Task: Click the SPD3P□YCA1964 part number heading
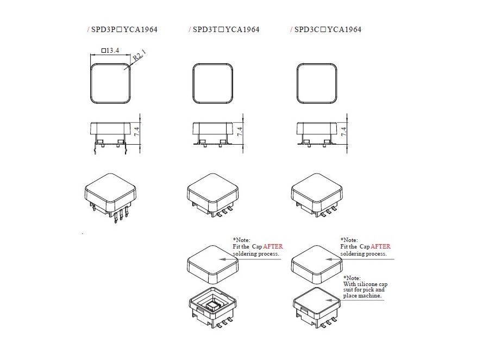pos(124,30)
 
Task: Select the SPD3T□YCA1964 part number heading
pos(226,30)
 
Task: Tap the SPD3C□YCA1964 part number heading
pos(328,30)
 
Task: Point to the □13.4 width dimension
pos(110,50)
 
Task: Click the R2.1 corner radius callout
pos(139,55)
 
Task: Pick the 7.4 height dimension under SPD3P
pos(136,132)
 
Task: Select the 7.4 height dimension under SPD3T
pos(240,132)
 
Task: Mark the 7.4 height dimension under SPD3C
pos(343,132)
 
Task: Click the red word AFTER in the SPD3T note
pos(273,247)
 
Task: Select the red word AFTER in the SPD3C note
pos(380,247)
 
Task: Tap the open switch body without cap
pos(212,308)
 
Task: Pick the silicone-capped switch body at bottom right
pos(317,308)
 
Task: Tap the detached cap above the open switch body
pos(212,264)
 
